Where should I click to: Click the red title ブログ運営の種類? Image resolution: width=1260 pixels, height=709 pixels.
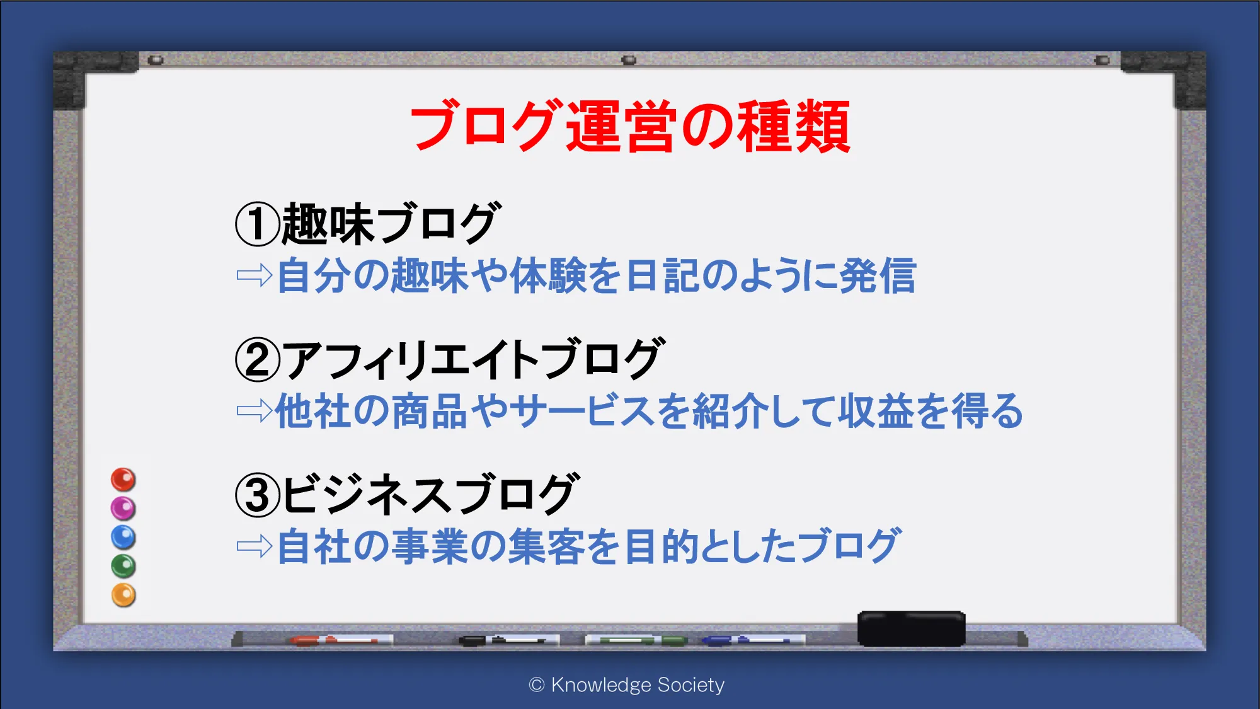pyautogui.click(x=630, y=126)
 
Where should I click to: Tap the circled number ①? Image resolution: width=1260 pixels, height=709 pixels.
pyautogui.click(x=257, y=224)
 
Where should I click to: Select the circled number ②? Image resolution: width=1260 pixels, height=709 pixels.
pyautogui.click(x=257, y=359)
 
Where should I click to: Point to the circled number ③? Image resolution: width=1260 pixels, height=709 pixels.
pyautogui.click(x=257, y=495)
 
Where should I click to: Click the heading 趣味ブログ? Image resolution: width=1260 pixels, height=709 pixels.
pyautogui.click(x=391, y=223)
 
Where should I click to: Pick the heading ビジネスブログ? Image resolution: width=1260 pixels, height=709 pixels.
pyautogui.click(x=430, y=494)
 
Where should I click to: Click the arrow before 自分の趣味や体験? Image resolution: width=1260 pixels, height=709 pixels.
pyautogui.click(x=254, y=275)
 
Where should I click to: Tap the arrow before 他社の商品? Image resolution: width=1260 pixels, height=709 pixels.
pyautogui.click(x=254, y=411)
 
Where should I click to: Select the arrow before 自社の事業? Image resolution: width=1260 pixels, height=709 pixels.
pyautogui.click(x=254, y=546)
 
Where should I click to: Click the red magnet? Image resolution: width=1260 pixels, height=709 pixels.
pyautogui.click(x=123, y=480)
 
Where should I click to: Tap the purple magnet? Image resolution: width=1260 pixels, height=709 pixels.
pyautogui.click(x=123, y=508)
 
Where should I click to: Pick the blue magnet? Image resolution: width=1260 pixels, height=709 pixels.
pyautogui.click(x=123, y=537)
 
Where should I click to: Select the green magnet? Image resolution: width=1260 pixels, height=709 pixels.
pyautogui.click(x=123, y=566)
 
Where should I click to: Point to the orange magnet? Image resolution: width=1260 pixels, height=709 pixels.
pyautogui.click(x=123, y=595)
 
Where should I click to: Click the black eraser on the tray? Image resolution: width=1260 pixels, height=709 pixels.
pyautogui.click(x=912, y=628)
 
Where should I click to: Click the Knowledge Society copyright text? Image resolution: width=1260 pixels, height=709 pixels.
pyautogui.click(x=627, y=684)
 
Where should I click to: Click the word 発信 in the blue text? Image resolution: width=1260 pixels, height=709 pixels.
pyautogui.click(x=878, y=275)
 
